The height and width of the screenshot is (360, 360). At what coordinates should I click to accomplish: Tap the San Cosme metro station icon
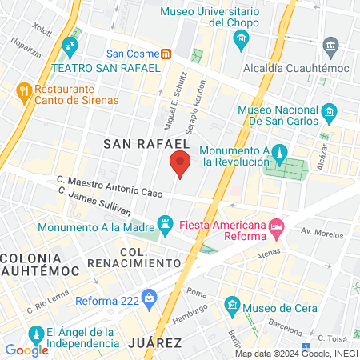(x=166, y=54)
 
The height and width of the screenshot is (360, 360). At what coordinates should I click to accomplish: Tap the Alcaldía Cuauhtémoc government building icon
(x=330, y=45)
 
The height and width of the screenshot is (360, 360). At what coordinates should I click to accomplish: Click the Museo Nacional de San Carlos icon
(x=328, y=110)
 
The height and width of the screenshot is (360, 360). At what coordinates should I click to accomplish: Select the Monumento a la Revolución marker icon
(x=278, y=151)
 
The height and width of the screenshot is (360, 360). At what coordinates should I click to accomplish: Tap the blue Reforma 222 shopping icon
(x=150, y=300)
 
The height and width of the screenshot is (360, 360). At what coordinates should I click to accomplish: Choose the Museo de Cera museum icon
(x=233, y=304)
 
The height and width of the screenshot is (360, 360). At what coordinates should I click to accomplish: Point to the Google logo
(x=26, y=350)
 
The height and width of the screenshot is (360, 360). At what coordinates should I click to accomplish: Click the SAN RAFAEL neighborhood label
(x=140, y=143)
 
